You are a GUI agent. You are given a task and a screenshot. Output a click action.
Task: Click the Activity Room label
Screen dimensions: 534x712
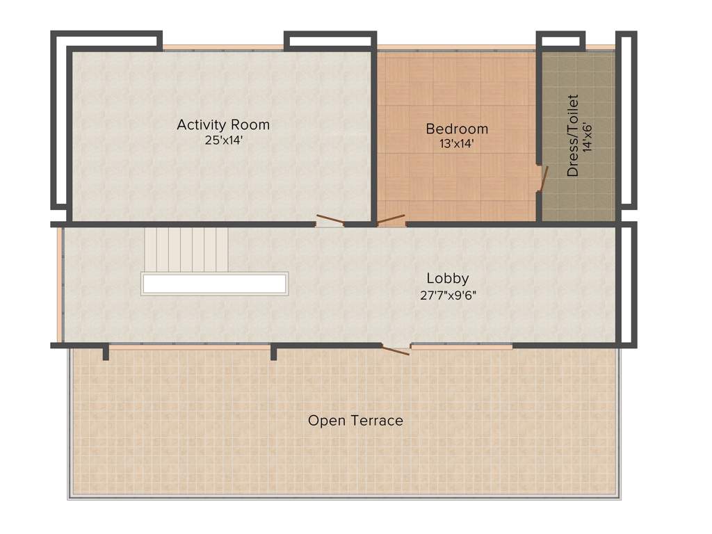coord(222,125)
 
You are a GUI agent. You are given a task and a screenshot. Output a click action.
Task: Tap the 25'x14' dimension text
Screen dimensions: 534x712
coord(222,140)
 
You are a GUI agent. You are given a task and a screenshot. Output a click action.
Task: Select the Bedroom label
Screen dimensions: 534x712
coord(457,129)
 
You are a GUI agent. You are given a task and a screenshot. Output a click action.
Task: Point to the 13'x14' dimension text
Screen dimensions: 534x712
coord(457,144)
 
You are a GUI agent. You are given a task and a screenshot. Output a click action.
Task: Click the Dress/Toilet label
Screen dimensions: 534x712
coord(573,136)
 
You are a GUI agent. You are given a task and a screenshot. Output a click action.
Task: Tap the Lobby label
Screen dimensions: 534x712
coord(448,278)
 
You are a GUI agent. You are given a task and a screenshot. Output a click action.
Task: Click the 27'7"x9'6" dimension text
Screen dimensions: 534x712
coord(448,294)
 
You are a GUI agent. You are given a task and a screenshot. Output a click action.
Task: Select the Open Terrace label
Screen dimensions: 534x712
coord(355,421)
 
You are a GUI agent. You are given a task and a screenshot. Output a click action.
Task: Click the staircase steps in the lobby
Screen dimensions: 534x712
coord(186,250)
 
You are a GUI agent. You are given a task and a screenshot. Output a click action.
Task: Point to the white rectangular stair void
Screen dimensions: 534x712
coord(214,284)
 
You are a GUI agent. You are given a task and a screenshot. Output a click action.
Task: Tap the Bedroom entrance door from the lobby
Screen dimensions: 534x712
coord(390,221)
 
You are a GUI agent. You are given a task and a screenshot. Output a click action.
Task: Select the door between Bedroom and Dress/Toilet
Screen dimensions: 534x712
coord(542,178)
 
